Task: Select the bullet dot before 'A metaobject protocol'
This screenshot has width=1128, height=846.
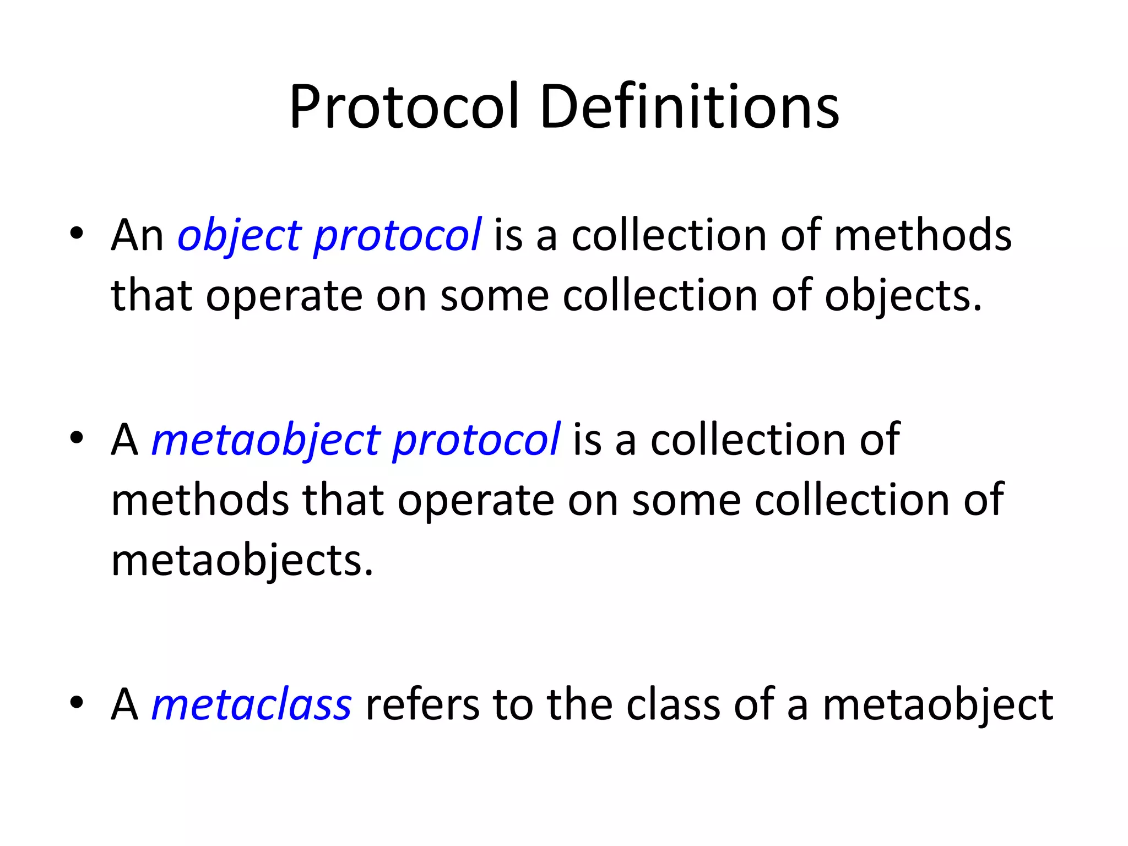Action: coord(77,438)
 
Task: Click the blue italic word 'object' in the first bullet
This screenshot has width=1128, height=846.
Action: coord(240,236)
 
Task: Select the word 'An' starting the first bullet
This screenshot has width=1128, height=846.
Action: coord(137,236)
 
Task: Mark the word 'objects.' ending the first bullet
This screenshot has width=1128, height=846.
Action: coord(903,296)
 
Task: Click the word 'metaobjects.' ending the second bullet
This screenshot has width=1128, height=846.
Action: coord(242,561)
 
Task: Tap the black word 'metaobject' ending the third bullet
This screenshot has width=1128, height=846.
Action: coord(938,706)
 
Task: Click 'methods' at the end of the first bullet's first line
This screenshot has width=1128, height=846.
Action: coord(923,236)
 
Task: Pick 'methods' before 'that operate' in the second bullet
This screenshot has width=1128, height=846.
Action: coord(200,500)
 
